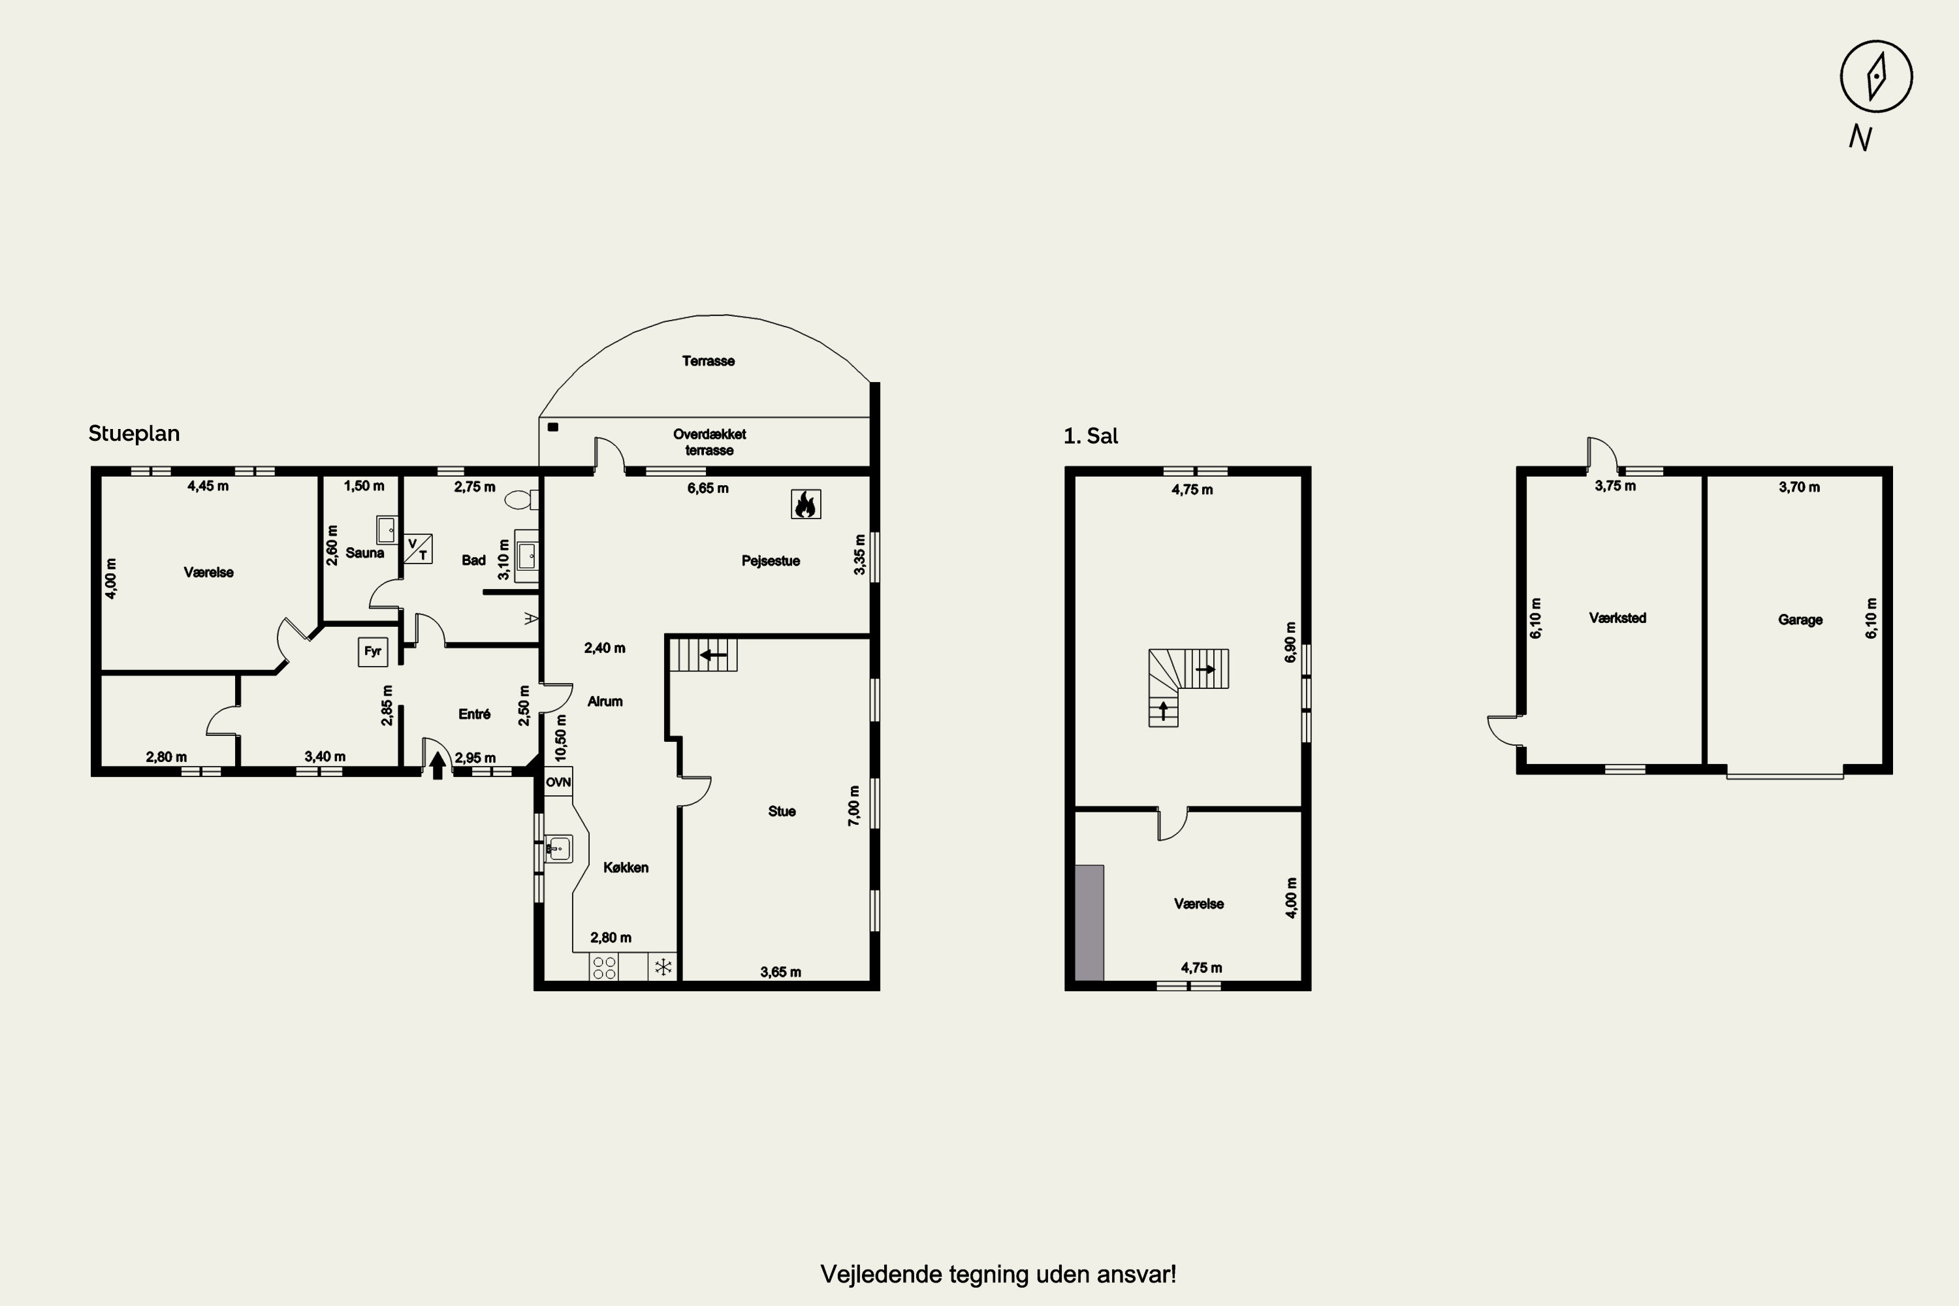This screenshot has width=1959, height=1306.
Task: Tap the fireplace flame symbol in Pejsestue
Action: (x=805, y=504)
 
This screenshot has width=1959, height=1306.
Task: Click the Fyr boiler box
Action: (x=372, y=651)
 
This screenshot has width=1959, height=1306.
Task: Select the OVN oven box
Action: (x=558, y=782)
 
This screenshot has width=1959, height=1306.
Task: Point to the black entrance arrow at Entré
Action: (x=438, y=765)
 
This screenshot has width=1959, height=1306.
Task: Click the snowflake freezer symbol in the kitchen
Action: (x=663, y=967)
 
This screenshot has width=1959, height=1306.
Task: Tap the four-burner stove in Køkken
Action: (x=605, y=967)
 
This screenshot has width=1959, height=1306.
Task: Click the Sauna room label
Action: (x=365, y=553)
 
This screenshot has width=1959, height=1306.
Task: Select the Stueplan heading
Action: (x=134, y=433)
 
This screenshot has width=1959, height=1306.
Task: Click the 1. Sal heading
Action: (x=1091, y=436)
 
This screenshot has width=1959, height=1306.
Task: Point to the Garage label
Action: (x=1800, y=620)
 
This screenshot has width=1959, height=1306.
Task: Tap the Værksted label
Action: (x=1617, y=618)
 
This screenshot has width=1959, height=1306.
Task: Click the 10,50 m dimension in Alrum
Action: (x=560, y=738)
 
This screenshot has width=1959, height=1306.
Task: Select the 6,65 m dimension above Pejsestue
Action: (x=708, y=488)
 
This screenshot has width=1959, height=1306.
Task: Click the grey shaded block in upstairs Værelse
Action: (x=1089, y=923)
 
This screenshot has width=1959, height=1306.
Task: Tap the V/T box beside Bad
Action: (x=418, y=549)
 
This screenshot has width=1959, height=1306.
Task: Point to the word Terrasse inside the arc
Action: (x=708, y=360)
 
